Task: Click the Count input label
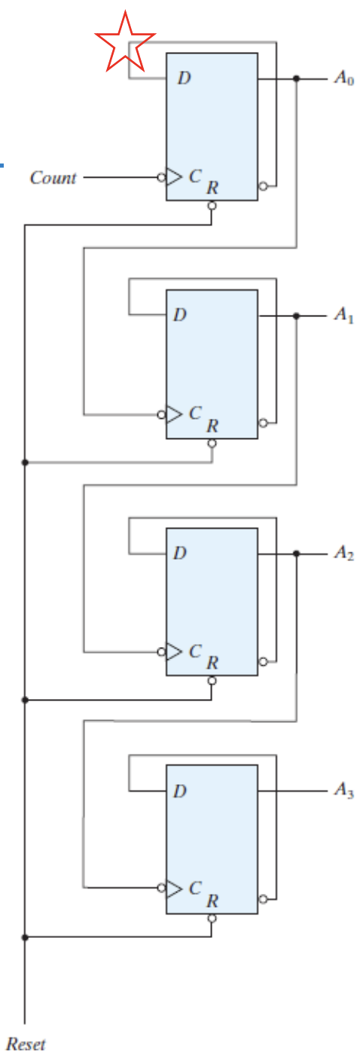(x=53, y=178)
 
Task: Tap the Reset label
(x=26, y=1044)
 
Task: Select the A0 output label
(x=344, y=78)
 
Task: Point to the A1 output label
(x=344, y=314)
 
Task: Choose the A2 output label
(x=344, y=552)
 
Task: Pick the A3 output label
(x=344, y=789)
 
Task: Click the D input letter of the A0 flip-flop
(x=184, y=78)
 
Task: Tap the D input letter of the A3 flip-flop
(x=179, y=791)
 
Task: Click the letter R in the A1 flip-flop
(x=212, y=426)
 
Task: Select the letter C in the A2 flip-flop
(x=195, y=651)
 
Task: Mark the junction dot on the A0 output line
(x=296, y=78)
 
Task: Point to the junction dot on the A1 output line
(x=296, y=316)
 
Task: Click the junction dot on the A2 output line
(x=296, y=554)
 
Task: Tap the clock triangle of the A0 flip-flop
(x=174, y=177)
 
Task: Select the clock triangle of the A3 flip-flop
(x=174, y=888)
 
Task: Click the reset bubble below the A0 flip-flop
(x=212, y=206)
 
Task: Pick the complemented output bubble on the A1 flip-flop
(x=263, y=423)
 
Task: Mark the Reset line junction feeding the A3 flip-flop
(x=25, y=937)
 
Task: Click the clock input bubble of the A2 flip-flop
(x=162, y=652)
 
